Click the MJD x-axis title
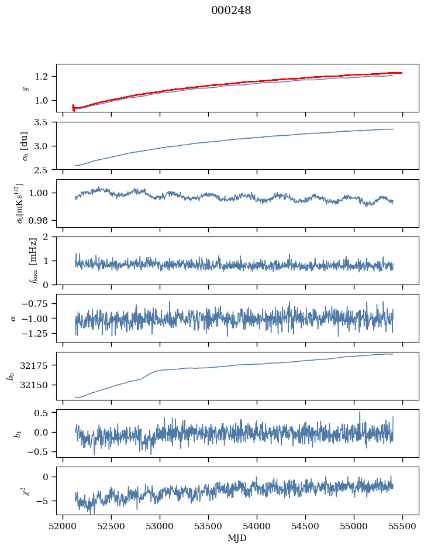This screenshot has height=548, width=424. pos(237,538)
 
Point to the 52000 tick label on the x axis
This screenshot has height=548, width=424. pos(63,526)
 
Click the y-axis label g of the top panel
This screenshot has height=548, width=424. pos(25,88)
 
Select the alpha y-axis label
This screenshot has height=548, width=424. pos(13,318)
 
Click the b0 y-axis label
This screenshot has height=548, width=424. pos(10,376)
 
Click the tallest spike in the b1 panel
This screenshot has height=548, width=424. pos(360,412)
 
